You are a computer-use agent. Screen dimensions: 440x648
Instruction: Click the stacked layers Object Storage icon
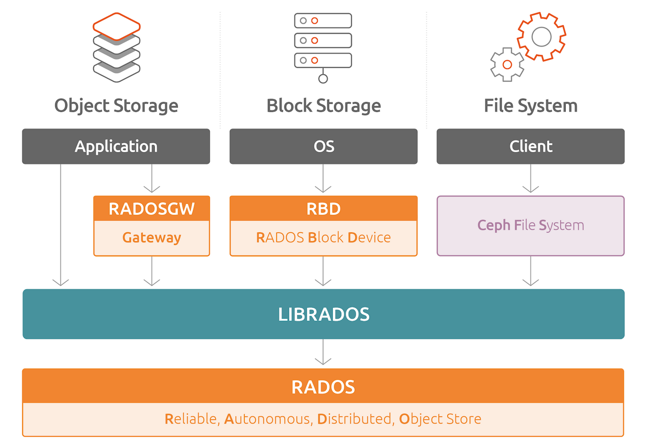(x=117, y=47)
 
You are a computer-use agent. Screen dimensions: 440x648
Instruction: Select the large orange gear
(x=541, y=37)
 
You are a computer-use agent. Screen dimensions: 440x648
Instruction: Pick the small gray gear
(x=507, y=64)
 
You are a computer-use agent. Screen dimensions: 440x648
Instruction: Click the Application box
(x=116, y=146)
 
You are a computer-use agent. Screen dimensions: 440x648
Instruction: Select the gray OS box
(x=323, y=146)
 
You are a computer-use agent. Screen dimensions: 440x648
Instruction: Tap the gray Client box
(x=530, y=146)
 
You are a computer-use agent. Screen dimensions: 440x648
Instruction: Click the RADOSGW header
(x=152, y=208)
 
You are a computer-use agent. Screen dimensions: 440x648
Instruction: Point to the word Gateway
(x=152, y=237)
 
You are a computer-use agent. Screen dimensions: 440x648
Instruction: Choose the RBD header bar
(x=323, y=208)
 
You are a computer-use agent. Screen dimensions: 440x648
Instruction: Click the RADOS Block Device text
(x=323, y=237)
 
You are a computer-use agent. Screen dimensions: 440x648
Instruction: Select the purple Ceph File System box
(x=530, y=226)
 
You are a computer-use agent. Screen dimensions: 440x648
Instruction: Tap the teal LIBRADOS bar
(x=323, y=314)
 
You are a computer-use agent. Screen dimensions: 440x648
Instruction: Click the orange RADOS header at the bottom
(x=323, y=386)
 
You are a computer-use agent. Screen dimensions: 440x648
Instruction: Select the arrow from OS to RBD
(x=323, y=179)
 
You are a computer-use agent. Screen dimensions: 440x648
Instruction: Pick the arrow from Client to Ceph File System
(x=530, y=179)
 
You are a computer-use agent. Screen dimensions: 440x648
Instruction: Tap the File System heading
(x=530, y=106)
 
